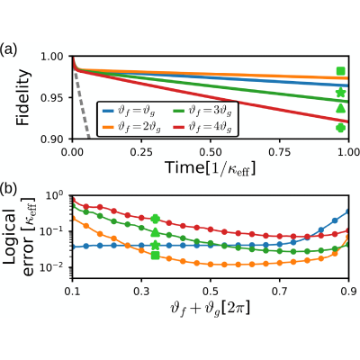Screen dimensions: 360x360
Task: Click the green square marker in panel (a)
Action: (340, 71)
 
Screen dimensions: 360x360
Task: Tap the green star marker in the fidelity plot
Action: (340, 93)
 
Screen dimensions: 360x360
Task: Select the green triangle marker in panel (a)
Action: (340, 108)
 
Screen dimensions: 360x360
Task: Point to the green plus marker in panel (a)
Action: (340, 128)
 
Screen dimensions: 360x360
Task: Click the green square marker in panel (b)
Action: (155, 256)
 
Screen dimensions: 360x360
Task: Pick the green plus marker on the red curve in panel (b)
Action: (155, 219)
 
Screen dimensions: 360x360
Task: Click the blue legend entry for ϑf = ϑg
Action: (129, 111)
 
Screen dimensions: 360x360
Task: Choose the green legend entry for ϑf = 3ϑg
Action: (202, 111)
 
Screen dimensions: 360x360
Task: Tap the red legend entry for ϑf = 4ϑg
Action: (202, 128)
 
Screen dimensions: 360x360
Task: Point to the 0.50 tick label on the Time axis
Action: (211, 152)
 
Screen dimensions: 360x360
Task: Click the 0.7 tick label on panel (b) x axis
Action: (279, 292)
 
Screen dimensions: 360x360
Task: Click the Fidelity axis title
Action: (23, 97)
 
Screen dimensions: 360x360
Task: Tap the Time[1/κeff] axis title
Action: (211, 167)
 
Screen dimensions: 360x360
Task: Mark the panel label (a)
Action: (8, 49)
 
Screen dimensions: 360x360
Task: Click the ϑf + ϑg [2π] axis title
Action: (210, 308)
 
